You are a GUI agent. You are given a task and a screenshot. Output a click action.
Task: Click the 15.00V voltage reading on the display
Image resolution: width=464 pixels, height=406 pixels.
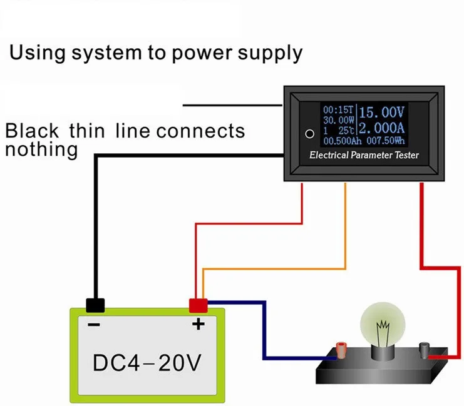tap(381, 113)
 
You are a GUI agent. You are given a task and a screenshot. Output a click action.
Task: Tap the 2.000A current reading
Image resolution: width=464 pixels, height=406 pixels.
tap(381, 128)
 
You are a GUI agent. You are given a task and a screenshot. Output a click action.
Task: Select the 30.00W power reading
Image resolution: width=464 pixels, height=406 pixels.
tap(339, 120)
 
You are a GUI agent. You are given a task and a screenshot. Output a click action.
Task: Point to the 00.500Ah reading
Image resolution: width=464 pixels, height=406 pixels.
tap(343, 141)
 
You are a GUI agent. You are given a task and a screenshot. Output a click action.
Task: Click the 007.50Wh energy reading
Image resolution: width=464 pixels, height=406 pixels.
tap(386, 141)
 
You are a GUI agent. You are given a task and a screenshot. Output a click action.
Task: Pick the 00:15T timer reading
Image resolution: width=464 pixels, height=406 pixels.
tap(338, 109)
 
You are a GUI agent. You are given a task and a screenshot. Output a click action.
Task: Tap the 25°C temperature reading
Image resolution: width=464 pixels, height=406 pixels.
tap(346, 130)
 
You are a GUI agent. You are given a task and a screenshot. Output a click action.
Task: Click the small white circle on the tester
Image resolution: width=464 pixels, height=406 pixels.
tap(309, 134)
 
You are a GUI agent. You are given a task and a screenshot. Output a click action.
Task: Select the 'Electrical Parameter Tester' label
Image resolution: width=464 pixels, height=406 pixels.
tap(364, 155)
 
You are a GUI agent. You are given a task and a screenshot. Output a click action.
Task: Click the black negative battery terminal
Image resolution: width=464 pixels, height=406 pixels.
tap(95, 305)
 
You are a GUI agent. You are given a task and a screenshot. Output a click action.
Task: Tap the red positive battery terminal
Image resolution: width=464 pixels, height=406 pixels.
tap(198, 305)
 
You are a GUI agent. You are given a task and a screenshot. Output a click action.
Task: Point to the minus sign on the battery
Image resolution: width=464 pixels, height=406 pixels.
tap(94, 325)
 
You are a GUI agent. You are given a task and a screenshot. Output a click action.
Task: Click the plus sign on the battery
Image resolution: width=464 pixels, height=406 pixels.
tap(198, 324)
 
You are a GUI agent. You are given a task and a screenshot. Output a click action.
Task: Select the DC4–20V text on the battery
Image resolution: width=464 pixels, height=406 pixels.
tap(147, 363)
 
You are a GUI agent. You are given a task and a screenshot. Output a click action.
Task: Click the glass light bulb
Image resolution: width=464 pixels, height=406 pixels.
tap(383, 325)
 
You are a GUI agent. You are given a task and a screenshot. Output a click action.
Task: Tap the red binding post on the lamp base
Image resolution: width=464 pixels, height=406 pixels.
tap(341, 350)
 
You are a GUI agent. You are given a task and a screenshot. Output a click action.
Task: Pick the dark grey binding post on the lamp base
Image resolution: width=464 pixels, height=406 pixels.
tap(425, 350)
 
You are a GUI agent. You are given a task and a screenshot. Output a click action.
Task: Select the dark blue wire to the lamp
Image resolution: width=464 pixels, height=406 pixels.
tap(264, 330)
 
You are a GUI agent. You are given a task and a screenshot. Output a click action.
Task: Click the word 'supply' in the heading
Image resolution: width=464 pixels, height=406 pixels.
tap(270, 54)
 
